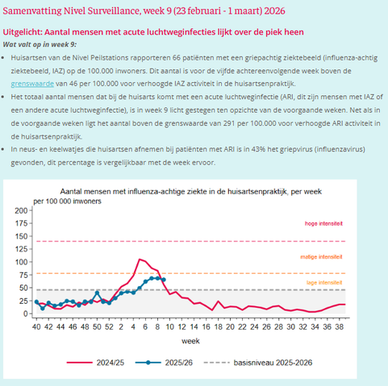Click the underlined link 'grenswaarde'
coord(33,83)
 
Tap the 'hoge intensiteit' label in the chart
coord(323,223)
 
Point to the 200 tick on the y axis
coord(21,210)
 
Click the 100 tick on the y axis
coord(21,262)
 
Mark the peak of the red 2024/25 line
coord(140,259)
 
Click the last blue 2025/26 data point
coord(164,280)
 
